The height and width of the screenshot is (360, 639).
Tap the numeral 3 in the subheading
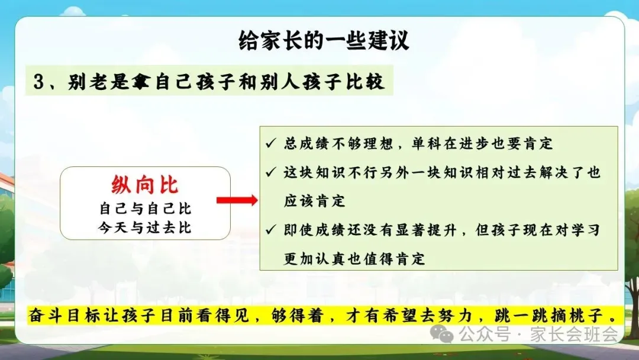click(38, 82)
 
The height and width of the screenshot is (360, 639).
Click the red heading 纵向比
click(145, 185)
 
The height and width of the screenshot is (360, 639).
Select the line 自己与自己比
click(145, 209)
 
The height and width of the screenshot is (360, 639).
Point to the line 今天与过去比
click(145, 227)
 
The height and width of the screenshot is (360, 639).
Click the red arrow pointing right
click(237, 200)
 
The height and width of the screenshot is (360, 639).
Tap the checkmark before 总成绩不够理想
click(270, 143)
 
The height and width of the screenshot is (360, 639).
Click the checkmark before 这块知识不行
click(270, 172)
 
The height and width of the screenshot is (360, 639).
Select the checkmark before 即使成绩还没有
click(270, 230)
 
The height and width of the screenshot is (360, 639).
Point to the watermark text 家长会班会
click(574, 334)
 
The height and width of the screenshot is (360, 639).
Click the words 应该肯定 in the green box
click(315, 201)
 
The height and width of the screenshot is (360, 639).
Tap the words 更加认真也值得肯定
click(354, 259)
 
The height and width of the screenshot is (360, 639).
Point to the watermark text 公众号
click(484, 334)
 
